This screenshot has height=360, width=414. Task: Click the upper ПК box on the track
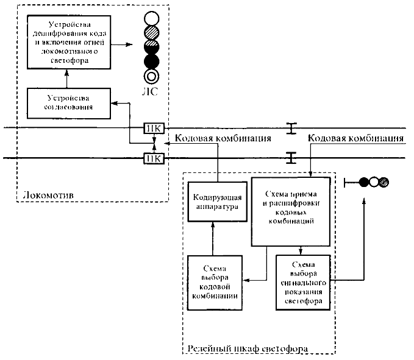tap(152, 128)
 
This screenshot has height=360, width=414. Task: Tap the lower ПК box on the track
tap(152, 159)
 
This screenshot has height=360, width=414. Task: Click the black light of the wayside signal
tap(365, 182)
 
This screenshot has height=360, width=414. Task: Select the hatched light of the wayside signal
tap(384, 182)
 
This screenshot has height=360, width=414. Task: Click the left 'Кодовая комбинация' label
tap(223, 139)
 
